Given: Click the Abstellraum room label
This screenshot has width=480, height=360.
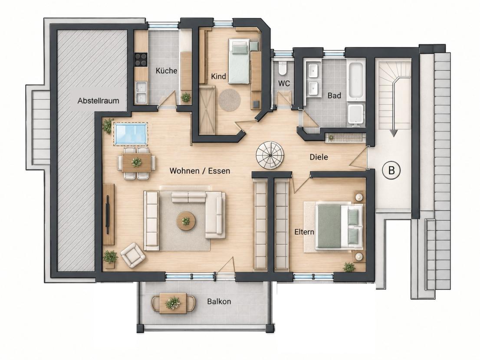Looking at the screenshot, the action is tap(98, 101).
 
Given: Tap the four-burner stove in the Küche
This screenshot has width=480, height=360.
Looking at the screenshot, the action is tap(141, 59).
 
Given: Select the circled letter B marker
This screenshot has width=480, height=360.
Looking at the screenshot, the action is tap(391, 170).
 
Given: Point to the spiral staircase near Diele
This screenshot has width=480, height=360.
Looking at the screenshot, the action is tap(270, 155).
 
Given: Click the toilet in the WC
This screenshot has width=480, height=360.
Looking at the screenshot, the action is tap(282, 68).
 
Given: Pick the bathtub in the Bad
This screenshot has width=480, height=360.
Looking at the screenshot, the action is tap(356, 79).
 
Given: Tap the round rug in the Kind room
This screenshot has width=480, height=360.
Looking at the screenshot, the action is tap(229, 100).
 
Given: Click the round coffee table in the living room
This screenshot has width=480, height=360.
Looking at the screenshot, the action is tap(186, 220).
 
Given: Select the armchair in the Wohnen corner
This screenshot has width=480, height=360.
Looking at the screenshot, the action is tap(133, 255).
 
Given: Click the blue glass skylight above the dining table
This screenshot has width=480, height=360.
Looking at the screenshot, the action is tap(131, 134).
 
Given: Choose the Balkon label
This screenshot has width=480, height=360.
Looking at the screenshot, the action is tap(219, 301).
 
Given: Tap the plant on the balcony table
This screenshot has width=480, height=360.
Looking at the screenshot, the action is tap(173, 302).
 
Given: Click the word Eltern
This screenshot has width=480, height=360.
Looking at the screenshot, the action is tap(304, 232).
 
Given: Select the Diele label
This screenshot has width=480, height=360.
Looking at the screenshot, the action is tap(319, 157).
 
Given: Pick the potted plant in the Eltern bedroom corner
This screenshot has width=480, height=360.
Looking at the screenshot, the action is tap(349, 267).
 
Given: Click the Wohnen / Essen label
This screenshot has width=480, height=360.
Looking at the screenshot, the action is tap(200, 170).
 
